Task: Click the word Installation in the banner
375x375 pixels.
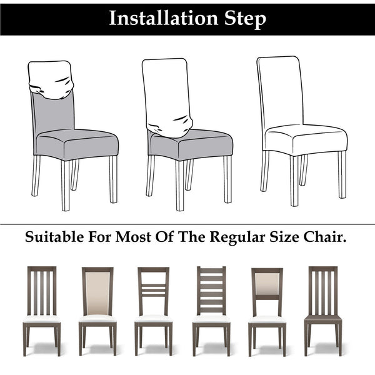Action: [163, 18]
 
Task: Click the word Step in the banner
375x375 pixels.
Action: [245, 19]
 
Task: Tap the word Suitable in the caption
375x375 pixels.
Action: [54, 237]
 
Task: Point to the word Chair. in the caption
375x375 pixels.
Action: [325, 237]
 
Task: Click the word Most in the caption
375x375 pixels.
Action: [133, 237]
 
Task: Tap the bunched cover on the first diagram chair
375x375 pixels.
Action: [51, 80]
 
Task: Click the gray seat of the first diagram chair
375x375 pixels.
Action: [77, 144]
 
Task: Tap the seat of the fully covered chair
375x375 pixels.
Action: [306, 138]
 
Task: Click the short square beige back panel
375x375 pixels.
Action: [267, 284]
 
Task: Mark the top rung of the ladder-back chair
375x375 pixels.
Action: [211, 271]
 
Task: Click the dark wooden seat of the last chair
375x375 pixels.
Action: [323, 319]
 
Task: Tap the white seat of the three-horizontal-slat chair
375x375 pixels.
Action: [153, 319]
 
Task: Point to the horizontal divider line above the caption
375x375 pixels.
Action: [187, 224]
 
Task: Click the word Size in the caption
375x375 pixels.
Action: [284, 237]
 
